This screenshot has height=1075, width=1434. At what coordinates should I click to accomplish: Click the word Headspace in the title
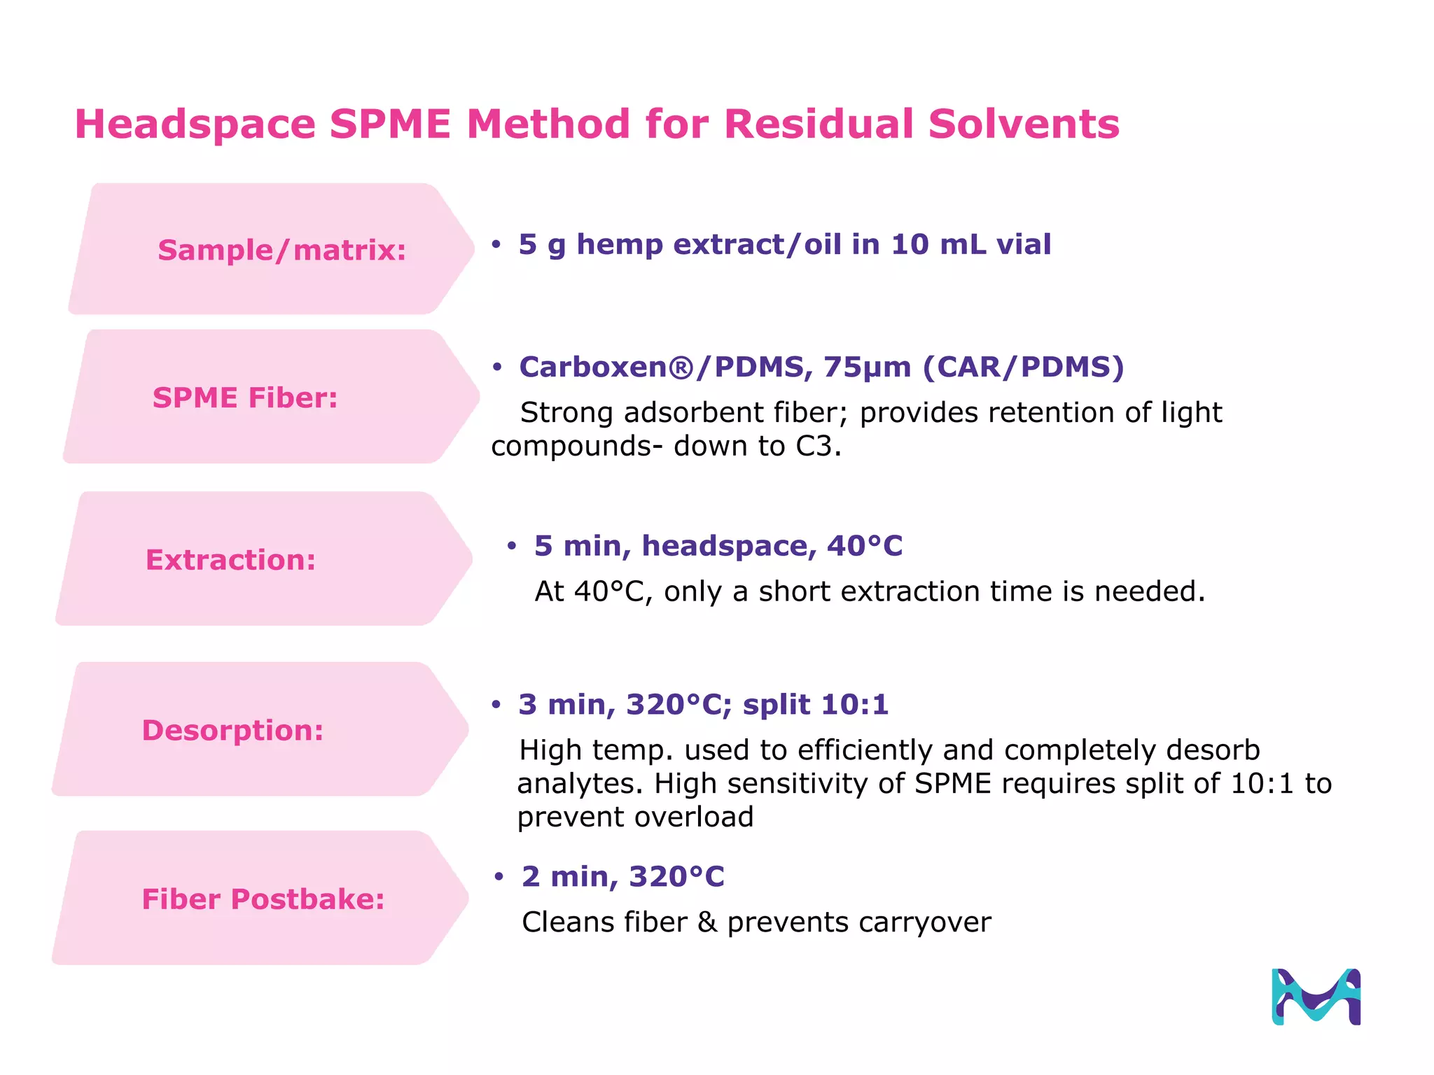[195, 125]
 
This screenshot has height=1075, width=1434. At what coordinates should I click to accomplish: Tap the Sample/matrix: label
[281, 251]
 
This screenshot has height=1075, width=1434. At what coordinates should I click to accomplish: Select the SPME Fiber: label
[245, 398]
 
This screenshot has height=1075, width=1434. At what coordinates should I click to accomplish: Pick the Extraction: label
[230, 560]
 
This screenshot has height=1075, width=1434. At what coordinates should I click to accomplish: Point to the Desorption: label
[232, 730]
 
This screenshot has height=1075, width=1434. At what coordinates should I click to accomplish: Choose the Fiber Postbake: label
[263, 899]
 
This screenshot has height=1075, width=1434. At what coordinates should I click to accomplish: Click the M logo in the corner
[1316, 997]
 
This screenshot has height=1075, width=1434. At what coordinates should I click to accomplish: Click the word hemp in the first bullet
[619, 245]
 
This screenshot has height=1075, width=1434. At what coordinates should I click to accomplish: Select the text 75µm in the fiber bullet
[867, 367]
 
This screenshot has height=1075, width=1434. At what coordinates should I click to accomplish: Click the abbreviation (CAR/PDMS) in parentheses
[1023, 367]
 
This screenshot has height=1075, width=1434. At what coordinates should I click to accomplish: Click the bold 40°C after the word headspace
[865, 546]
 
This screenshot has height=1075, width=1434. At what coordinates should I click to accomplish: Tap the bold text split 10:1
[816, 705]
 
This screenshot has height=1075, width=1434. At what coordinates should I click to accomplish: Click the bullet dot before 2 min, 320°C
[499, 877]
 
